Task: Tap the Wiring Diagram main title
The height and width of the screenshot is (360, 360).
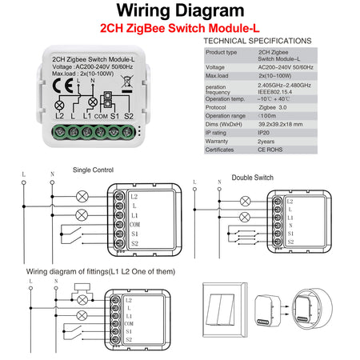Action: point(179,11)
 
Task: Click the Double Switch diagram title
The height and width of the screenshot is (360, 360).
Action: point(252,178)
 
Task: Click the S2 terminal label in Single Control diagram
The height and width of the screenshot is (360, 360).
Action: point(133,243)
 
